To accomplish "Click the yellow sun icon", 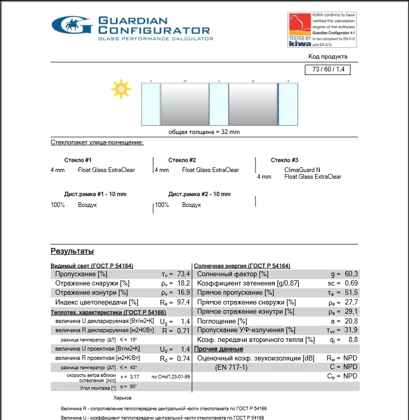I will tap(121, 89).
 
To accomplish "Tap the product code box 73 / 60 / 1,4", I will tap(327, 70).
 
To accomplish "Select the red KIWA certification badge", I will tap(300, 29).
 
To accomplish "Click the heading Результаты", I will tap(72, 252).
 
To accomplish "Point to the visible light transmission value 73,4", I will tap(184, 274).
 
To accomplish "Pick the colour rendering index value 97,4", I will tap(184, 302).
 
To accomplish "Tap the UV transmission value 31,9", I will tap(351, 330).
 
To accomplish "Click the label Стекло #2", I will tap(182, 161).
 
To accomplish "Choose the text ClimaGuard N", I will tap(302, 170).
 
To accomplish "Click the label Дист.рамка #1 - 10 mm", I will tap(95, 195).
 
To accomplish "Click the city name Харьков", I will tap(122, 398).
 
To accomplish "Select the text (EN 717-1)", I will tap(231, 367).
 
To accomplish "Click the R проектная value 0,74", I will tap(184, 358).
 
